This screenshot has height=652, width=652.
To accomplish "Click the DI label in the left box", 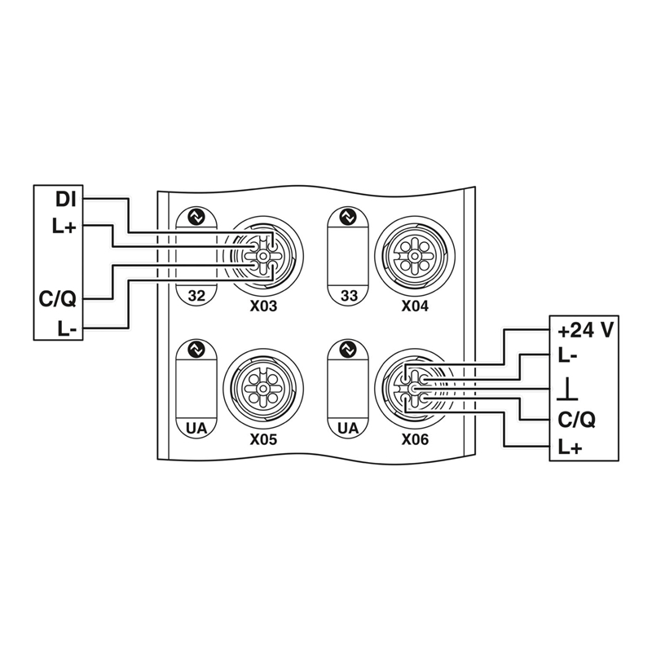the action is (x=66, y=200).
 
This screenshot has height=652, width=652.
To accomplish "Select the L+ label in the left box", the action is (x=64, y=227).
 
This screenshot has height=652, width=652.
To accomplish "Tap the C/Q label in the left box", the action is (x=58, y=299).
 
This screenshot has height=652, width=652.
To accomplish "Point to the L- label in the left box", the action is (x=67, y=330).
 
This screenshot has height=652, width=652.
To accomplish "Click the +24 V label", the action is (x=585, y=332).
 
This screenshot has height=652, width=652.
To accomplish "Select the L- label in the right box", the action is (x=567, y=356).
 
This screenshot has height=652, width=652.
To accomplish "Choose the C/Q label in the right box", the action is (x=576, y=420).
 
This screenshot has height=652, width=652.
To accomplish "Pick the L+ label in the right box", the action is (x=570, y=447).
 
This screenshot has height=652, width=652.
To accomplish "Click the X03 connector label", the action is (x=263, y=306).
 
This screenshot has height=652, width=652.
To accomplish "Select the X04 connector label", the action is (x=415, y=306).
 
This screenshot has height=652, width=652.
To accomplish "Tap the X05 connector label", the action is (x=263, y=439).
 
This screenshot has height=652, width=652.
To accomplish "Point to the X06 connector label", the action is (x=415, y=439).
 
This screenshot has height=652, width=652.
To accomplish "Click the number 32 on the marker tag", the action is (x=196, y=296).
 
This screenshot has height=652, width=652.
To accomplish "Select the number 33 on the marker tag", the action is (x=349, y=296).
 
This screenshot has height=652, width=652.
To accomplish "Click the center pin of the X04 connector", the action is (x=415, y=256).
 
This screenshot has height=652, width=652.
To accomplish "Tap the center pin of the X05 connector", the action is (x=263, y=389).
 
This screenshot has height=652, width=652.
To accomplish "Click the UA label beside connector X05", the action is (x=196, y=429).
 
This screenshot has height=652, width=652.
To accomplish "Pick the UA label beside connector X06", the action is (x=349, y=429).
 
